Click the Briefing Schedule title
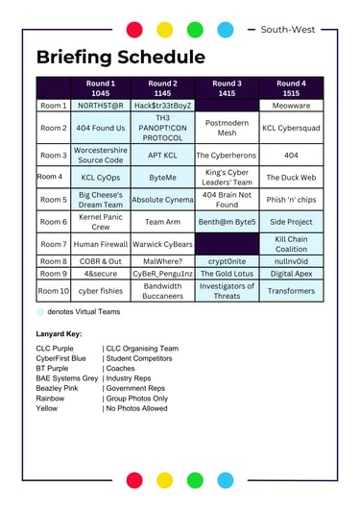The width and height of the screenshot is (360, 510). point(121,57)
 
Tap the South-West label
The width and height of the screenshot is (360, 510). point(297,30)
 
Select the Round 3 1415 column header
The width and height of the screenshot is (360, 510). point(227,88)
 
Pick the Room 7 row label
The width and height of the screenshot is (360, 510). point(53,244)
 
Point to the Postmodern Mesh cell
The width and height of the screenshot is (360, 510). point(227,128)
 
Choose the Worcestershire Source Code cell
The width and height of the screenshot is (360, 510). point(100,155)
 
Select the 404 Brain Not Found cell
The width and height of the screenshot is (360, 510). point(227,199)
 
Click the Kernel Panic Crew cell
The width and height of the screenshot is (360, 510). point(100,222)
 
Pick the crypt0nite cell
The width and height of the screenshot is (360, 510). point(227,260)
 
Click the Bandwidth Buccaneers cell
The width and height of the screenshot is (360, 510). point(162,291)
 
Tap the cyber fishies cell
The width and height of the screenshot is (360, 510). point(100,291)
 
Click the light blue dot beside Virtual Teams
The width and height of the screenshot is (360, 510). point(40,312)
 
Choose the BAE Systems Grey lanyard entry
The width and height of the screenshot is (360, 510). point(67,378)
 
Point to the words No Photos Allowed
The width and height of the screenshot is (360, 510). point(141,408)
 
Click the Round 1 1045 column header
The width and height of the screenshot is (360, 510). point(100,88)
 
